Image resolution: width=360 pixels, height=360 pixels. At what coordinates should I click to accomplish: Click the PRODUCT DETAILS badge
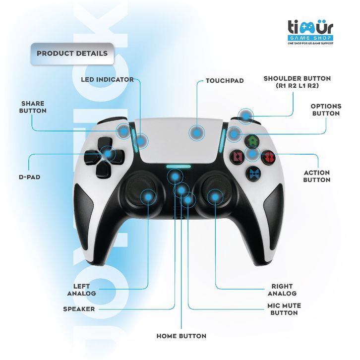click(x=72, y=53)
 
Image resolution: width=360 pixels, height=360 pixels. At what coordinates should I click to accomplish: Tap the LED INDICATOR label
click(x=107, y=79)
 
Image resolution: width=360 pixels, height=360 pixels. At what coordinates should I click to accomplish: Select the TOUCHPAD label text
click(x=225, y=80)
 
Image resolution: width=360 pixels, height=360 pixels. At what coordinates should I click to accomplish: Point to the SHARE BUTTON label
click(x=33, y=107)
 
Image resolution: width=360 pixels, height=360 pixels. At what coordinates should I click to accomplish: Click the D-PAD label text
click(x=29, y=177)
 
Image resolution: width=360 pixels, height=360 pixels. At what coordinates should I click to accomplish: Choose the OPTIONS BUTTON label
click(x=325, y=110)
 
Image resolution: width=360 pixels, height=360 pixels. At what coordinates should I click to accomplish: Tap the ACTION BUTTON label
click(x=316, y=176)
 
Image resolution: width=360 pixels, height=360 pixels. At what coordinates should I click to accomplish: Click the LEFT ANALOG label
click(x=81, y=290)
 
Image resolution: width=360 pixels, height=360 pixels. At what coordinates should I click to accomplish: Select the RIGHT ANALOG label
click(x=282, y=290)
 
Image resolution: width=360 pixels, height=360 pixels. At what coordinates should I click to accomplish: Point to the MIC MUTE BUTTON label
click(x=284, y=309)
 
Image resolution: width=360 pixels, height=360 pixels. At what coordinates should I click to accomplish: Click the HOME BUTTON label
click(x=181, y=336)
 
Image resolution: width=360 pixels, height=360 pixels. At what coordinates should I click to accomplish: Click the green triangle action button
click(x=253, y=141)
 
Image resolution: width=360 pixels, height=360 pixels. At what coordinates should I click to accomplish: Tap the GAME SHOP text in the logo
click(x=310, y=38)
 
